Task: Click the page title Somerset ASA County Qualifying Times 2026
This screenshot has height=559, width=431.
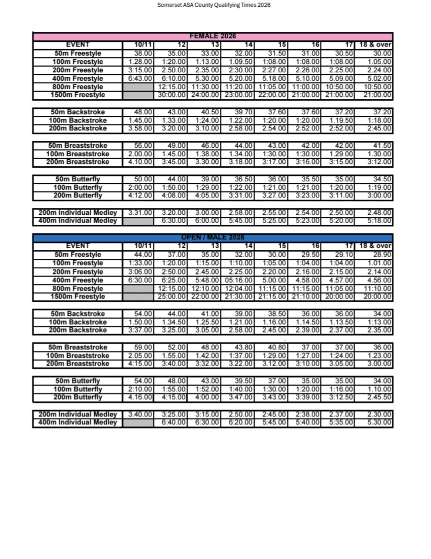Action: [214, 5]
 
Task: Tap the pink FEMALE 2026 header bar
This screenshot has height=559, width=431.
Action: [213, 37]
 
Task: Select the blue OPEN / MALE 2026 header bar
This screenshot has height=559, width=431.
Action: [213, 238]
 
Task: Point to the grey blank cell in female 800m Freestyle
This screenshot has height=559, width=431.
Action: [138, 86]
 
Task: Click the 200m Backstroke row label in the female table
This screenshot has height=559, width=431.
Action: [78, 128]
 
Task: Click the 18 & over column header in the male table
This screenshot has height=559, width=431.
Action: [375, 246]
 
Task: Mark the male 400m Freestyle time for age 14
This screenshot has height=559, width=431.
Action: [239, 280]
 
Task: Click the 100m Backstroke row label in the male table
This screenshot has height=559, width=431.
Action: [78, 322]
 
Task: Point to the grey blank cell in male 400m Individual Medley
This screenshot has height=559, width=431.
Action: [138, 422]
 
